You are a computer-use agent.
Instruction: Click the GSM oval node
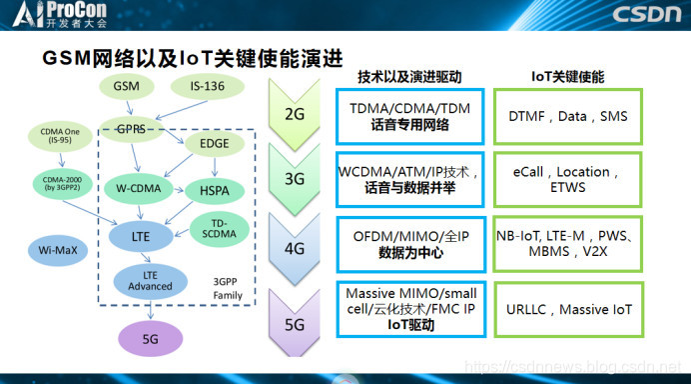coord(126,87)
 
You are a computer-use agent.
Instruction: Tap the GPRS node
coord(130,129)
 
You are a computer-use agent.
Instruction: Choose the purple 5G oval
coord(150,339)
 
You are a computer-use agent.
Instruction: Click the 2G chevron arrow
coord(295,115)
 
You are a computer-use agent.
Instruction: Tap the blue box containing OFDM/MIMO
coord(409,245)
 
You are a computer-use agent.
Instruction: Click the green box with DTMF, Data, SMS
coord(567,117)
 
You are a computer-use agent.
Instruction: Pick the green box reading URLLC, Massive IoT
coord(567,310)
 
